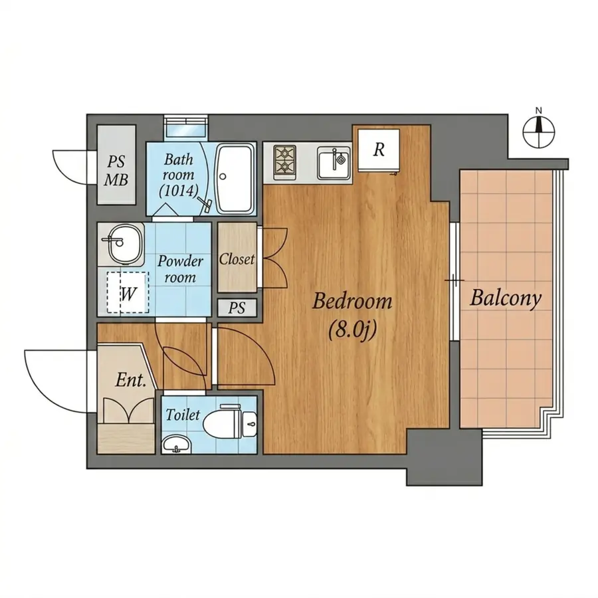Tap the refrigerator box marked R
coord(379,150)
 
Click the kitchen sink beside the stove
coord(334,163)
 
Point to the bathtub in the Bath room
coord(235,179)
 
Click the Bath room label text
coord(179,175)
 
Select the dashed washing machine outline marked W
coord(128,292)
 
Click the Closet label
coord(237,259)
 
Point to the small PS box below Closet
coord(237,308)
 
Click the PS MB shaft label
coord(116,170)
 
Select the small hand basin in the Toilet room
coord(176,445)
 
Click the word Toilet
coord(183,415)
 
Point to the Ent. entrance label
coord(131,380)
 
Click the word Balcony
coord(506,298)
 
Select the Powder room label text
coord(180,269)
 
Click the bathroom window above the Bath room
coord(186,127)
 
